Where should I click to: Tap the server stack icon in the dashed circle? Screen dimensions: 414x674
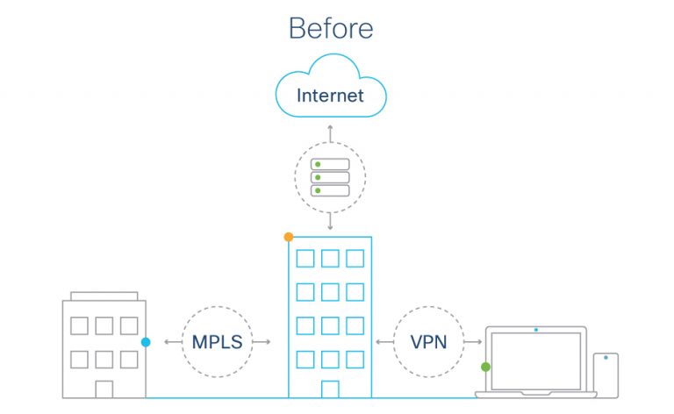[330, 177]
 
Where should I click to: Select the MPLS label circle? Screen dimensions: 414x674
[217, 341]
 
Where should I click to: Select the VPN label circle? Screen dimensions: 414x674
[430, 341]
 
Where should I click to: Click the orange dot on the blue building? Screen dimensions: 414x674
[289, 237]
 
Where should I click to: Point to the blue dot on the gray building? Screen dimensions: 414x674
[146, 342]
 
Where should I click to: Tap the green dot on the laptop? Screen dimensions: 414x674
[485, 367]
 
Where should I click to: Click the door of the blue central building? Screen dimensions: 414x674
[330, 389]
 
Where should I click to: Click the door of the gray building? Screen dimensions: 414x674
[104, 389]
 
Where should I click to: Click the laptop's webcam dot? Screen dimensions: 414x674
[535, 331]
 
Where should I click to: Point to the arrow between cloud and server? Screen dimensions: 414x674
[330, 132]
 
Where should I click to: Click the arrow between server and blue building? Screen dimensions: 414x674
[330, 223]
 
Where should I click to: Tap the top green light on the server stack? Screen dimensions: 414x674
[319, 164]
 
